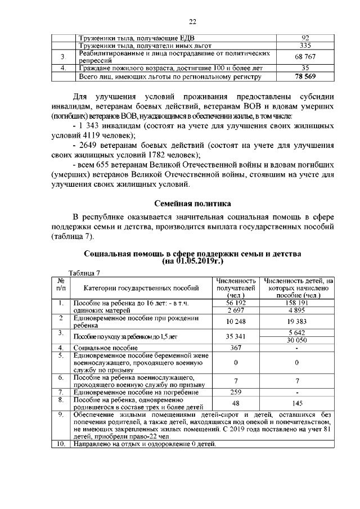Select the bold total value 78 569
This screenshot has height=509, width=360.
point(305,75)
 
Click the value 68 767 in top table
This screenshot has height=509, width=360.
point(305,57)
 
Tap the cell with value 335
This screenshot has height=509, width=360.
point(305,46)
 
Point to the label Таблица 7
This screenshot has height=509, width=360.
point(84,273)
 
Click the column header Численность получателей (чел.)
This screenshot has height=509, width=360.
point(236,287)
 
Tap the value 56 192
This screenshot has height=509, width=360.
point(236,303)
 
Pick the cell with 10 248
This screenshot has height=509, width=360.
point(236,321)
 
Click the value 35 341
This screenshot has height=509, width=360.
point(236,336)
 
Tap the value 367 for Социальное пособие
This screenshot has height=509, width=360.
point(236,348)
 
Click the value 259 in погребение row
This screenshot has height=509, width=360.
point(236,391)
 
